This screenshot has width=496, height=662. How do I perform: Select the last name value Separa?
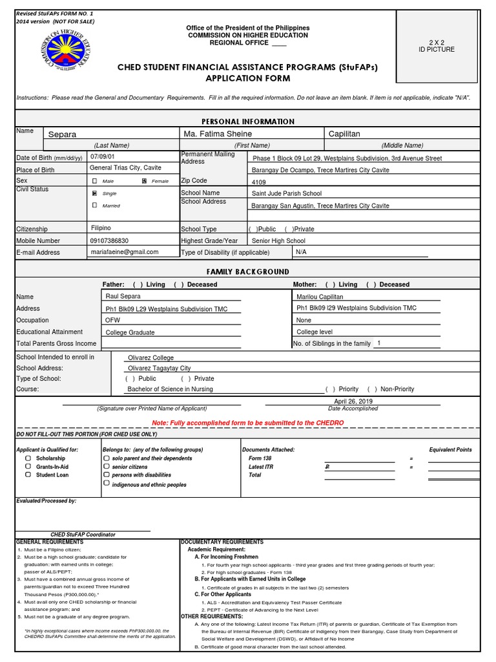pyautogui.click(x=63, y=134)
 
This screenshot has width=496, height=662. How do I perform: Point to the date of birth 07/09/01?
pyautogui.click(x=102, y=157)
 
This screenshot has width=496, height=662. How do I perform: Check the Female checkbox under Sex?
pyautogui.click(x=144, y=182)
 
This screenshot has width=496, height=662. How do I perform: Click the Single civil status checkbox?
pyautogui.click(x=95, y=193)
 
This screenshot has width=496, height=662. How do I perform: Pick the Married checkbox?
pyautogui.click(x=95, y=205)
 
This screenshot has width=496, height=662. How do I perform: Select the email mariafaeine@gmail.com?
pyautogui.click(x=125, y=252)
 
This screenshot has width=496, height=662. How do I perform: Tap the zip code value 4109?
pyautogui.click(x=258, y=182)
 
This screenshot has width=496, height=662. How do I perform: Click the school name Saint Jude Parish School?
pyautogui.click(x=286, y=193)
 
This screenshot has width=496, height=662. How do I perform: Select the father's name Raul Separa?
pyautogui.click(x=123, y=296)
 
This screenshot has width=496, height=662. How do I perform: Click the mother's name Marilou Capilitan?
pyautogui.click(x=320, y=297)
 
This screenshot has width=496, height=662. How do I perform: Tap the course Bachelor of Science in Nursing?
pyautogui.click(x=170, y=389)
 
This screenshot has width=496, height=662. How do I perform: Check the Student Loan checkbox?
pyautogui.click(x=28, y=475)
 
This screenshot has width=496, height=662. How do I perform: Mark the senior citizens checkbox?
pyautogui.click(x=106, y=466)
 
